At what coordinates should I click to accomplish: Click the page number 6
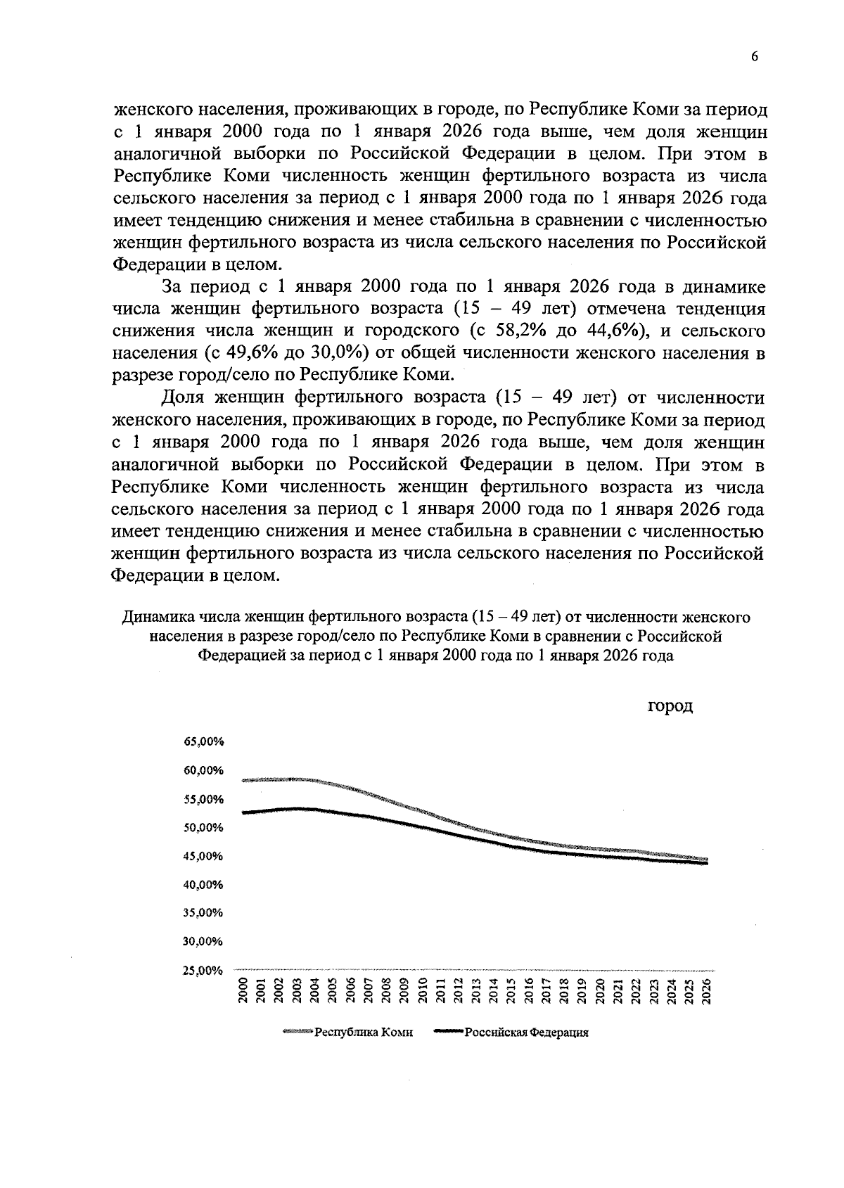tap(754, 58)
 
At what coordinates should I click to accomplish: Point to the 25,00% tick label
tap(203, 971)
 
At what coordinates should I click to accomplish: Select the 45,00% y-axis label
tap(203, 857)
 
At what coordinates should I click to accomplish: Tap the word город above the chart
tap(670, 706)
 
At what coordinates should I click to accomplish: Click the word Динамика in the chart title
tap(158, 618)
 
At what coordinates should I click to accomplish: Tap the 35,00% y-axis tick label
tap(203, 914)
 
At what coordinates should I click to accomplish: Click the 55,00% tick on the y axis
tap(203, 800)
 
